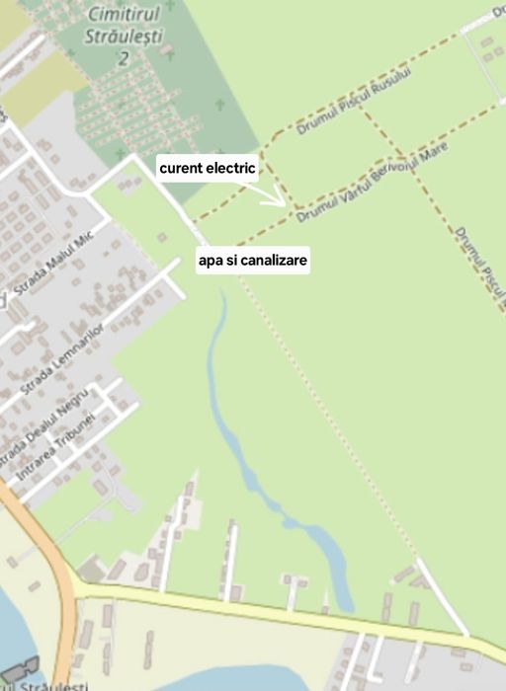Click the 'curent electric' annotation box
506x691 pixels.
click(x=208, y=169)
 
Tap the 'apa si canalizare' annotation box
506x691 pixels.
click(x=253, y=262)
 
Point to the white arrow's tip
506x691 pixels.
click(x=286, y=204)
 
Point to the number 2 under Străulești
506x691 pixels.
click(x=124, y=58)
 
